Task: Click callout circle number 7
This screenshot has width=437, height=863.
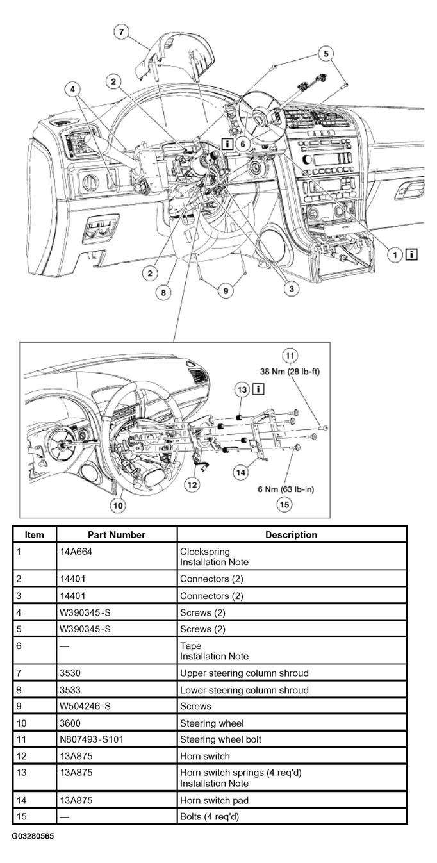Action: [121, 31]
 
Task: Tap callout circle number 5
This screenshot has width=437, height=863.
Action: [326, 54]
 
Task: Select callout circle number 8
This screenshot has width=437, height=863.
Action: [163, 292]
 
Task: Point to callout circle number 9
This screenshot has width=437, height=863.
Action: [226, 290]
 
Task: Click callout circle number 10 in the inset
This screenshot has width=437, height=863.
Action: [118, 505]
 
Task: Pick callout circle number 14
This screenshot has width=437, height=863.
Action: [241, 472]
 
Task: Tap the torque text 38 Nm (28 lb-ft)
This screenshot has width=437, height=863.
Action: [290, 372]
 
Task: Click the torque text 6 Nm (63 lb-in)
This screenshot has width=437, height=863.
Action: [286, 489]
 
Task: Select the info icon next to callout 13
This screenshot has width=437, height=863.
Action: [258, 389]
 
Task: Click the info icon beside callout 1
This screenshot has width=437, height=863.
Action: [412, 254]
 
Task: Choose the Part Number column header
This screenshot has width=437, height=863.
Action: [117, 535]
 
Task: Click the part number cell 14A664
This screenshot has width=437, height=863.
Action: [76, 552]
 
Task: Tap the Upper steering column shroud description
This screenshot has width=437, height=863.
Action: [244, 673]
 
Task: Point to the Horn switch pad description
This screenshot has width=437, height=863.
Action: [214, 800]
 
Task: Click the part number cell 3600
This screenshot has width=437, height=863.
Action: [70, 723]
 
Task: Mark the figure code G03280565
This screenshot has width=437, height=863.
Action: [33, 836]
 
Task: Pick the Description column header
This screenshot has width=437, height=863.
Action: [292, 535]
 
